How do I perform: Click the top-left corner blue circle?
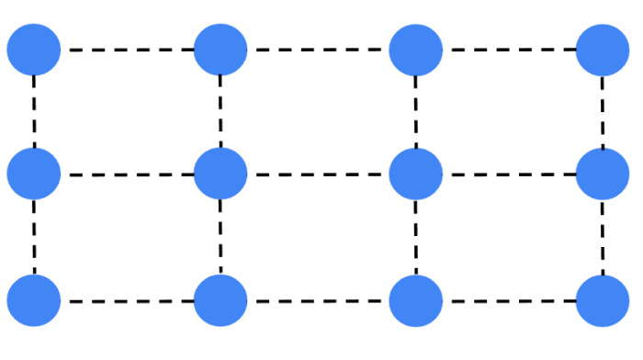[34, 50]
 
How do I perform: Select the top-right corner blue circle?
[603, 50]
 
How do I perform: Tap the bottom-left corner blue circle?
[34, 300]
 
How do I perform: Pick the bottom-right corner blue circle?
[603, 300]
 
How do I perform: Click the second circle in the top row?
[220, 50]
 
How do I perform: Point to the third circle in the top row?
[415, 50]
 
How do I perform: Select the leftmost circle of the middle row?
[34, 174]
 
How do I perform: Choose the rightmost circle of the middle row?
[603, 174]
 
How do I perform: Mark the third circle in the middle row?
[415, 174]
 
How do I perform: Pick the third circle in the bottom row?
[415, 300]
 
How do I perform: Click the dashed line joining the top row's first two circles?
[127, 50]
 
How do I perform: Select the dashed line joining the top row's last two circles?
[509, 50]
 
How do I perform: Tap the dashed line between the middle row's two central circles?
[318, 174]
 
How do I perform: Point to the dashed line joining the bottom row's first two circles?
[127, 300]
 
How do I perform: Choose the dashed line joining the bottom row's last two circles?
[509, 300]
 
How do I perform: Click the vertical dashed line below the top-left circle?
[34, 111]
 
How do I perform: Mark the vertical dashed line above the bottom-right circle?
[603, 237]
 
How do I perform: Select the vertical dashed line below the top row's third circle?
[415, 111]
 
